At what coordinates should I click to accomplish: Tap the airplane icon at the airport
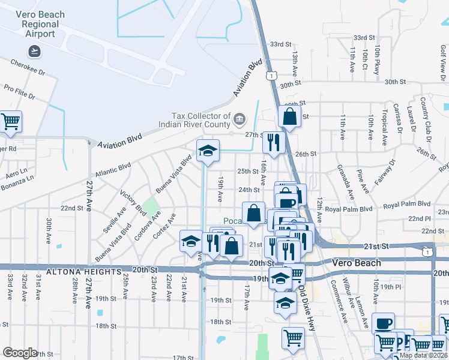[34, 50]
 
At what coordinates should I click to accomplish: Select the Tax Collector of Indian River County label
[193, 120]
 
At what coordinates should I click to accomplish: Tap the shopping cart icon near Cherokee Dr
[11, 122]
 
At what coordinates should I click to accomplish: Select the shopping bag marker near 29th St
[289, 116]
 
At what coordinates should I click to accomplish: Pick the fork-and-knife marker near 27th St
[273, 143]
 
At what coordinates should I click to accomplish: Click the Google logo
[20, 353]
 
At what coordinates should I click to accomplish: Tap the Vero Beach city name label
[357, 263]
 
